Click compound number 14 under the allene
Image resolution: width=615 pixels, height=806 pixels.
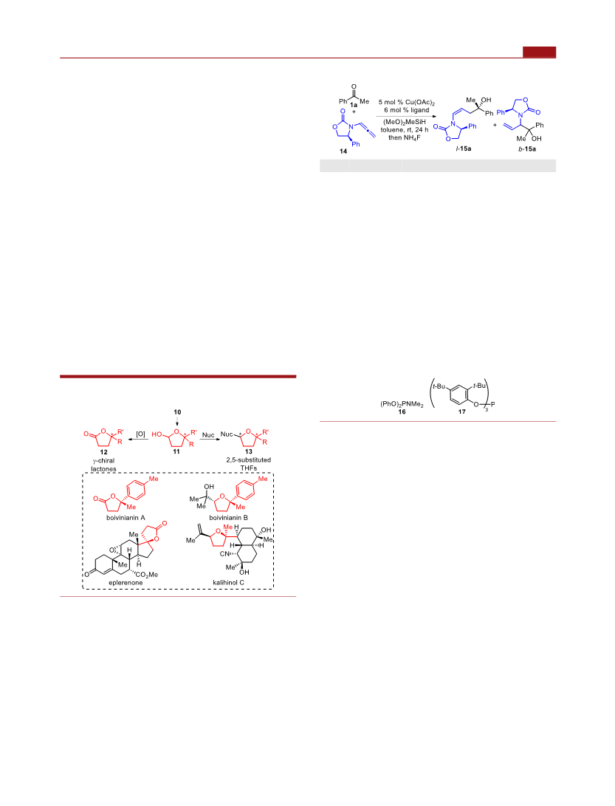click(343, 151)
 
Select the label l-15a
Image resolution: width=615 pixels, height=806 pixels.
click(464, 148)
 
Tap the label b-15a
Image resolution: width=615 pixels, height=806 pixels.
click(527, 149)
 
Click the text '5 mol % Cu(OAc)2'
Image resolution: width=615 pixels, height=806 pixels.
click(407, 102)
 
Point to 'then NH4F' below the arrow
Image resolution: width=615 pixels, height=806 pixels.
click(405, 137)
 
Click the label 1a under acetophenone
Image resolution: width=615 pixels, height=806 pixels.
click(354, 105)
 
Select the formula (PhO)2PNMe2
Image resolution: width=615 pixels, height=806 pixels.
click(402, 405)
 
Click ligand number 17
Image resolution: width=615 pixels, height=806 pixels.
click(462, 411)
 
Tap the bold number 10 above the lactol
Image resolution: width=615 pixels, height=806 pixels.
click(177, 412)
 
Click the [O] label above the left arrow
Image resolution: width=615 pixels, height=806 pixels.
click(141, 434)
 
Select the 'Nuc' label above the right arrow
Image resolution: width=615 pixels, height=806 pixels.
click(208, 435)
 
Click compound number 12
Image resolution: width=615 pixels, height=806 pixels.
click(104, 452)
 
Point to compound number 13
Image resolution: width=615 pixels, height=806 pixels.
click(249, 452)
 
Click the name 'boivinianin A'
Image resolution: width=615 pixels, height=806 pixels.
click(126, 518)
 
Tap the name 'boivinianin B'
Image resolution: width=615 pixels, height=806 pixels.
click(229, 518)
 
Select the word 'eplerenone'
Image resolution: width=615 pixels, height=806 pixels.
click(126, 583)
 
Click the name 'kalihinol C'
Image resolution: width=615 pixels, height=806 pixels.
click(229, 583)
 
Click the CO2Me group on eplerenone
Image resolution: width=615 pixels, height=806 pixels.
click(146, 575)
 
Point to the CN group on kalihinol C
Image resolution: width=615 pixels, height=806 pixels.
click(224, 554)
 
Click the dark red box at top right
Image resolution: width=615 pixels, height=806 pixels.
click(540, 52)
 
